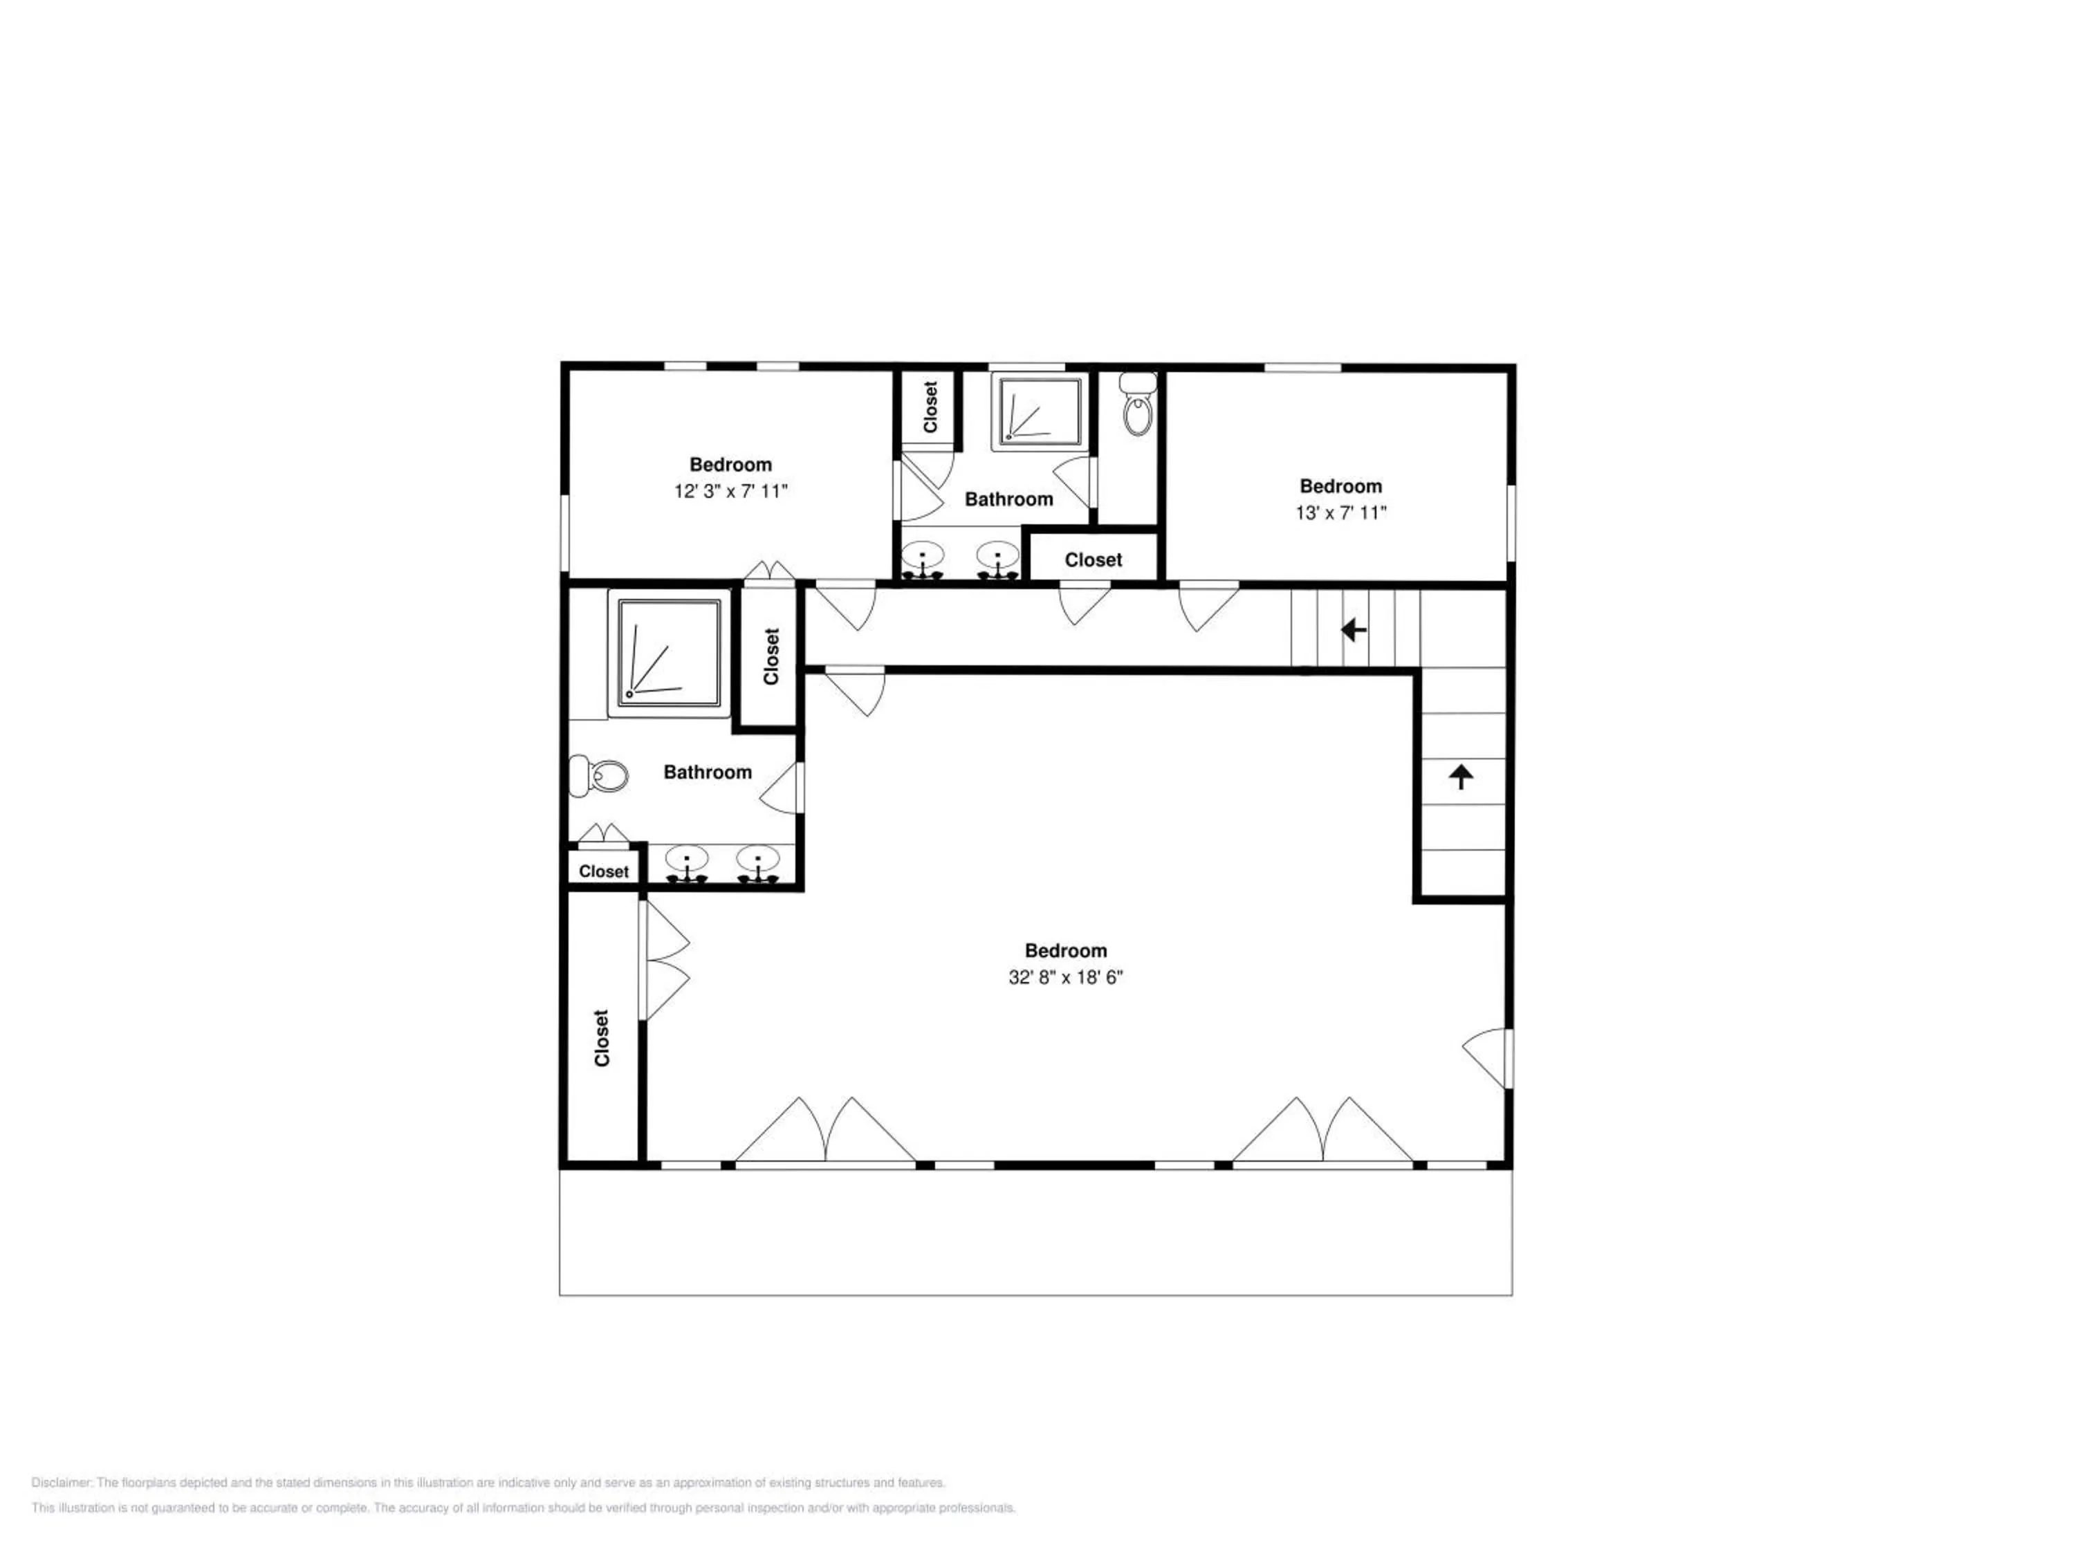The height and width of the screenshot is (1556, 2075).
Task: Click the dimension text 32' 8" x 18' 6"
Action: [x=1066, y=977]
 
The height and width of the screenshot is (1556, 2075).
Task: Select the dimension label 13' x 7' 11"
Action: [x=1340, y=513]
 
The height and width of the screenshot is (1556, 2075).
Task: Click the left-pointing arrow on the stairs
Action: [x=1353, y=629]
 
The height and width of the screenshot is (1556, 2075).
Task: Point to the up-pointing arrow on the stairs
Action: [x=1461, y=777]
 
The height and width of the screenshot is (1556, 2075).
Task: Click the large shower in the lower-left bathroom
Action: [x=669, y=653]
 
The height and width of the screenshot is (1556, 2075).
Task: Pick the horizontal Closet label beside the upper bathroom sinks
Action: [x=1093, y=560]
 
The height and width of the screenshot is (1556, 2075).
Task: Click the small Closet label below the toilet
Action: [x=603, y=871]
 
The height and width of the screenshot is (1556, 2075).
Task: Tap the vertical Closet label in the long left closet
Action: [x=601, y=1037]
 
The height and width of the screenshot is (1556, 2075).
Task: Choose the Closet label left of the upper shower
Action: [x=930, y=406]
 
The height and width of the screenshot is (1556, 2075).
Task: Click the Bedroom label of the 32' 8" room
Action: [x=1066, y=950]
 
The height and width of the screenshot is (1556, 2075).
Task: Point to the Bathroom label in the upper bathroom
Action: [x=1008, y=499]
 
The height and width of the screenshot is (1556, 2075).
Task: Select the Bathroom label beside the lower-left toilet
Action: [x=708, y=772]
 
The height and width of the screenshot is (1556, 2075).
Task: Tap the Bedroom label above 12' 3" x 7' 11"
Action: [x=731, y=464]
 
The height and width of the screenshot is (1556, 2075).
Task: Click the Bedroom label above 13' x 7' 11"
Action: [x=1340, y=486]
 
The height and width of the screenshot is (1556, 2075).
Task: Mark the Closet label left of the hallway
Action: [x=771, y=656]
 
